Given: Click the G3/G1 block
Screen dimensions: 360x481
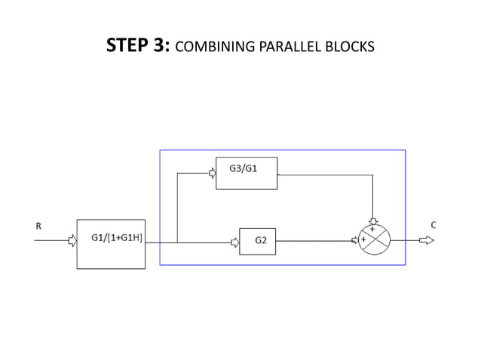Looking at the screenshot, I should coord(247,173).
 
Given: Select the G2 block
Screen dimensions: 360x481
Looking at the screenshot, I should coord(258,241).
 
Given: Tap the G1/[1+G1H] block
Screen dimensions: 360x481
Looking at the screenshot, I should coord(112,243).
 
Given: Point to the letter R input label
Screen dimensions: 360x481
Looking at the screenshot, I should coord(38,224).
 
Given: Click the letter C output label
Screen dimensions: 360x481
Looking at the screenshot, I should coord(434,224).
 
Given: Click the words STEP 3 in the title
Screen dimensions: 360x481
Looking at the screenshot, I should coord(140,47).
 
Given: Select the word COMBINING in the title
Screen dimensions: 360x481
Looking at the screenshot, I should coord(215,48).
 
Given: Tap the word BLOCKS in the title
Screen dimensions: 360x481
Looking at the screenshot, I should coord(351,48).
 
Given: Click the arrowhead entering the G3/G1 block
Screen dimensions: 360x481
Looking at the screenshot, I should coord(212,173).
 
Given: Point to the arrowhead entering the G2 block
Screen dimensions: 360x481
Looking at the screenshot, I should coord(234,242).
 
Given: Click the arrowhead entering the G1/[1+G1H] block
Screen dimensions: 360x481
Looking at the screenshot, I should coord(72,242).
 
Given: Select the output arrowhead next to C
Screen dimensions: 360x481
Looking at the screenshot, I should coord(427,241).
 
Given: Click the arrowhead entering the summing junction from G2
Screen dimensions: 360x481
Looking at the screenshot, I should coord(355,241).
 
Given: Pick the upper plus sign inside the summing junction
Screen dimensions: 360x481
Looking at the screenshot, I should coord(372,229).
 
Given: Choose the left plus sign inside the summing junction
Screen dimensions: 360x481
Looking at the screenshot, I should coord(364,239).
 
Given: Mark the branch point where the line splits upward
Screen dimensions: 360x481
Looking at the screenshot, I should coord(176,242).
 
